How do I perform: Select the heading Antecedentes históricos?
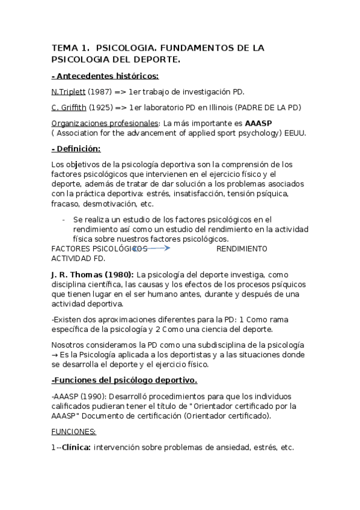coord(106,76)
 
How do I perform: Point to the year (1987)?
coord(100,91)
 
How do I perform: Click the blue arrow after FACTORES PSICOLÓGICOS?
coord(153,247)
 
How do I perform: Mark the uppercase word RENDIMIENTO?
coord(242,248)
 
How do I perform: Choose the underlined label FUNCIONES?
coord(74,431)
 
